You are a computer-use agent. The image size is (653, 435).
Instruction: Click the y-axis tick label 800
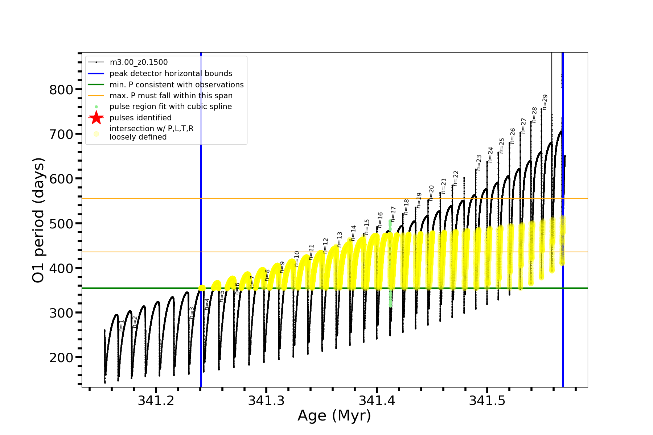(x=61, y=90)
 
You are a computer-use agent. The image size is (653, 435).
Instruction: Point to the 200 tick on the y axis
(x=61, y=357)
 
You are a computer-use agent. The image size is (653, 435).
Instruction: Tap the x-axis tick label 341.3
(x=266, y=401)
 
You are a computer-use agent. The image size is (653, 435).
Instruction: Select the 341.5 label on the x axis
(x=487, y=401)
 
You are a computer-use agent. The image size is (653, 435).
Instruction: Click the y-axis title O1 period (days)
(x=38, y=220)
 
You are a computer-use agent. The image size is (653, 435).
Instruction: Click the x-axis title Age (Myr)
(x=334, y=416)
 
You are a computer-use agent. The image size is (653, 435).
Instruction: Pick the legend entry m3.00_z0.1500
(x=139, y=62)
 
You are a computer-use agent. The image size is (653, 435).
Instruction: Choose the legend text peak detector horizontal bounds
(x=171, y=74)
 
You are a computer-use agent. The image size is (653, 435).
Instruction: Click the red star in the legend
(x=96, y=118)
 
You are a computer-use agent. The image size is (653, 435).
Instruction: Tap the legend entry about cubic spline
(x=171, y=107)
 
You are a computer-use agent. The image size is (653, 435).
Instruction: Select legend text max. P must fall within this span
(x=171, y=96)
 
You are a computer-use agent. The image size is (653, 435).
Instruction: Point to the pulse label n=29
(x=545, y=102)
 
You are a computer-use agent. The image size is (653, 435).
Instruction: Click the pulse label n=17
(x=393, y=214)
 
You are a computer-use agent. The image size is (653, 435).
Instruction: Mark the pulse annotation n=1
(x=122, y=325)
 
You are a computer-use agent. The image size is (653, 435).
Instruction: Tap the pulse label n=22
(x=456, y=178)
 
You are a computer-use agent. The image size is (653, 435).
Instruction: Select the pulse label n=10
(x=297, y=259)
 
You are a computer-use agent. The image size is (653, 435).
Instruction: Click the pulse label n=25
(x=502, y=146)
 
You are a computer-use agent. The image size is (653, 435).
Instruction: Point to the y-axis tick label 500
(x=61, y=224)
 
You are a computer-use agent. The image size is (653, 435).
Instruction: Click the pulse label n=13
(x=340, y=240)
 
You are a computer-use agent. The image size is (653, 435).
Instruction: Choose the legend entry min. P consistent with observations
(x=176, y=85)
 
